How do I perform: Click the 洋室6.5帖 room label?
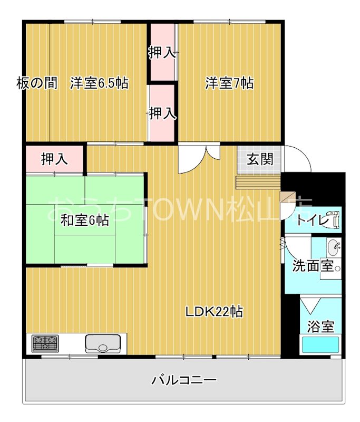99,83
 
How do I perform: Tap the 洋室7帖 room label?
229,83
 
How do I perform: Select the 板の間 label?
36,83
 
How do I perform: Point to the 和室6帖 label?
84,220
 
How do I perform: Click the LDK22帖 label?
213,312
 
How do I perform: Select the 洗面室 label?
313,266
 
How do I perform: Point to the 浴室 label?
321,326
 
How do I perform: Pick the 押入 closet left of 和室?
55,159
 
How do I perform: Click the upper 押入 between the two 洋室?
162,53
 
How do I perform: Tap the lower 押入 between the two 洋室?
162,113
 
